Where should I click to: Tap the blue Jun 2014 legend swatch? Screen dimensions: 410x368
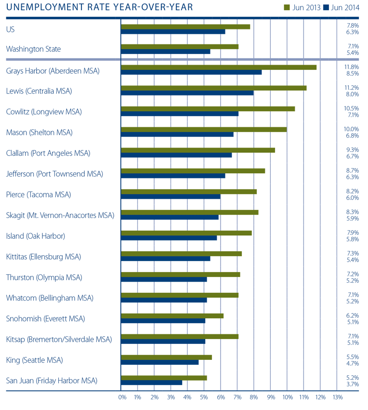pyautogui.click(x=328, y=7)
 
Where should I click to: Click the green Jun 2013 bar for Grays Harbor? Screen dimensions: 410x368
pyautogui.click(x=218, y=67)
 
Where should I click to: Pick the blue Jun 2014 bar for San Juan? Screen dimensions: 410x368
pyautogui.click(x=151, y=383)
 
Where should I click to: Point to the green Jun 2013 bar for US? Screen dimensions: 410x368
pyautogui.click(x=185, y=27)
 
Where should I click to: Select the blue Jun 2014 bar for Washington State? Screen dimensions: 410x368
pyautogui.click(x=165, y=52)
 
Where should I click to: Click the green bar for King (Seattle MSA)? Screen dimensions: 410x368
pyautogui.click(x=166, y=357)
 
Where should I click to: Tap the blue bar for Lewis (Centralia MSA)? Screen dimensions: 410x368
pyautogui.click(x=187, y=93)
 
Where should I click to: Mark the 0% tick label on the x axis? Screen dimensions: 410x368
pyautogui.click(x=122, y=397)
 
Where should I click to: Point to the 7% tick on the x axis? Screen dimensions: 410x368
pyautogui.click(x=237, y=397)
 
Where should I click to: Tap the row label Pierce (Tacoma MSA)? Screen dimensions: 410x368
pyautogui.click(x=39, y=195)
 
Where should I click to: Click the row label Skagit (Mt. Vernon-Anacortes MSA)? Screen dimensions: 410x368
pyautogui.click(x=60, y=216)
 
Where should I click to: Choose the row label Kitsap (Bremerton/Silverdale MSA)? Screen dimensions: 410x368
pyautogui.click(x=59, y=340)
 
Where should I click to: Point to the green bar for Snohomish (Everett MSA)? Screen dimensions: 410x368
pyautogui.click(x=172, y=316)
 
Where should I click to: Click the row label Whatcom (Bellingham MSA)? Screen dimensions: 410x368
pyautogui.click(x=50, y=298)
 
